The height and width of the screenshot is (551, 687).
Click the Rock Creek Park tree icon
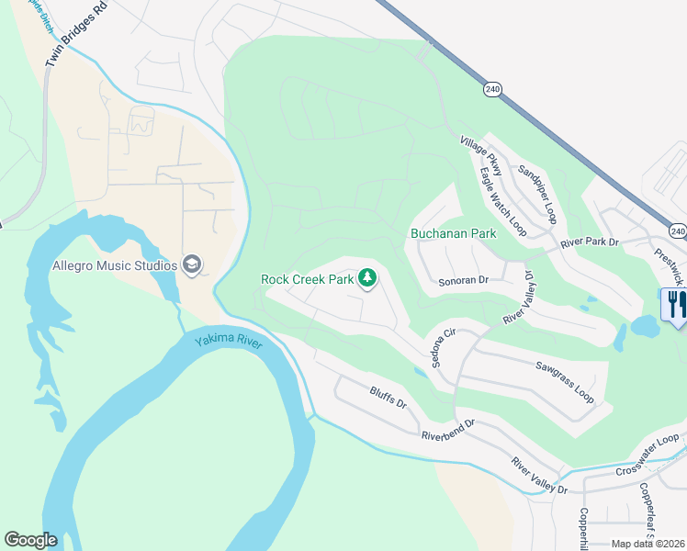pyautogui.click(x=367, y=278)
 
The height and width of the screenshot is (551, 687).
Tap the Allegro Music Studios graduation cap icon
pyautogui.click(x=192, y=266)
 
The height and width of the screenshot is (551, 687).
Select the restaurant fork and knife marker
pyautogui.click(x=677, y=307)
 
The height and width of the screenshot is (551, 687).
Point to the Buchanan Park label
pyautogui.click(x=454, y=233)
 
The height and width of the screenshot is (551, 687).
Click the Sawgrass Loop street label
pyautogui.click(x=565, y=379)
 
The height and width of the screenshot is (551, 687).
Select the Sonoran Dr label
pyautogui.click(x=461, y=283)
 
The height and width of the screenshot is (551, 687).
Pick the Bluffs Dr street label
pyautogui.click(x=389, y=399)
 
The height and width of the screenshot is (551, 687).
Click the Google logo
pyautogui.click(x=30, y=540)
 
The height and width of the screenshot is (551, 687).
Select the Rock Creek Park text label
pyautogui.click(x=307, y=279)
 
